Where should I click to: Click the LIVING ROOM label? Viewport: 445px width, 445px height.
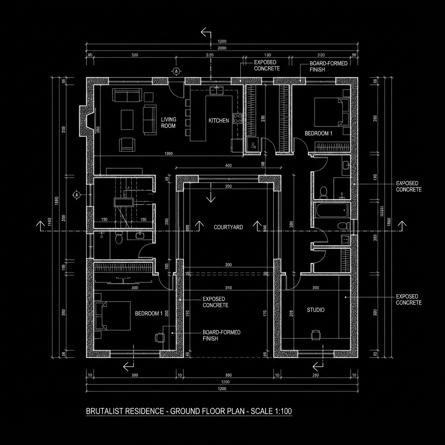(x=168, y=122)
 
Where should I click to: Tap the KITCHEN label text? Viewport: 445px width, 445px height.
(x=219, y=120)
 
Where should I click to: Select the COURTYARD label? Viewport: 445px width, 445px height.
(x=228, y=227)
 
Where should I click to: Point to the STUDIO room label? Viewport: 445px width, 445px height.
(x=315, y=310)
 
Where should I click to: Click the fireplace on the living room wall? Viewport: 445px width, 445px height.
(x=86, y=120)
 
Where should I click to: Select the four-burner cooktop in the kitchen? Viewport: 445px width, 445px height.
(x=238, y=118)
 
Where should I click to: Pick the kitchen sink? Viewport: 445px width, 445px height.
(x=216, y=90)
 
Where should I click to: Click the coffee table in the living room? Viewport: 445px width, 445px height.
(x=127, y=120)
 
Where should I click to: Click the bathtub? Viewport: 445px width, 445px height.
(x=332, y=210)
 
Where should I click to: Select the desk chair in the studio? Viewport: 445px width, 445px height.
(x=315, y=334)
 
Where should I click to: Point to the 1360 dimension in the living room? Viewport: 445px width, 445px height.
(x=169, y=153)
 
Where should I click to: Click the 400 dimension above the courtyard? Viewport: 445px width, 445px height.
(x=228, y=165)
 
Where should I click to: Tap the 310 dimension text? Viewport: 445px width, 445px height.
(x=228, y=288)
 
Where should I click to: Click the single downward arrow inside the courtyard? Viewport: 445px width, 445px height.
(x=211, y=196)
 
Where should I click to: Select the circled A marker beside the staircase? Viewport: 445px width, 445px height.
(x=76, y=195)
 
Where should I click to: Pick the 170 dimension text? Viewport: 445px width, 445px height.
(x=265, y=312)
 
